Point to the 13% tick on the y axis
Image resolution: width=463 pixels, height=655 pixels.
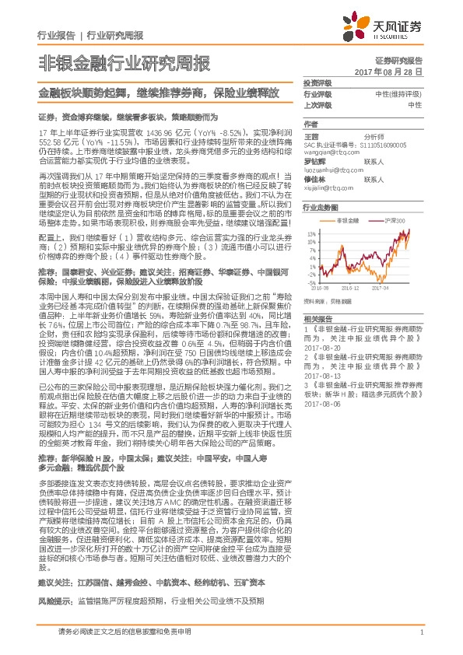[310, 233]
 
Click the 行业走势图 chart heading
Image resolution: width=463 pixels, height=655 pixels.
[319, 208]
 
